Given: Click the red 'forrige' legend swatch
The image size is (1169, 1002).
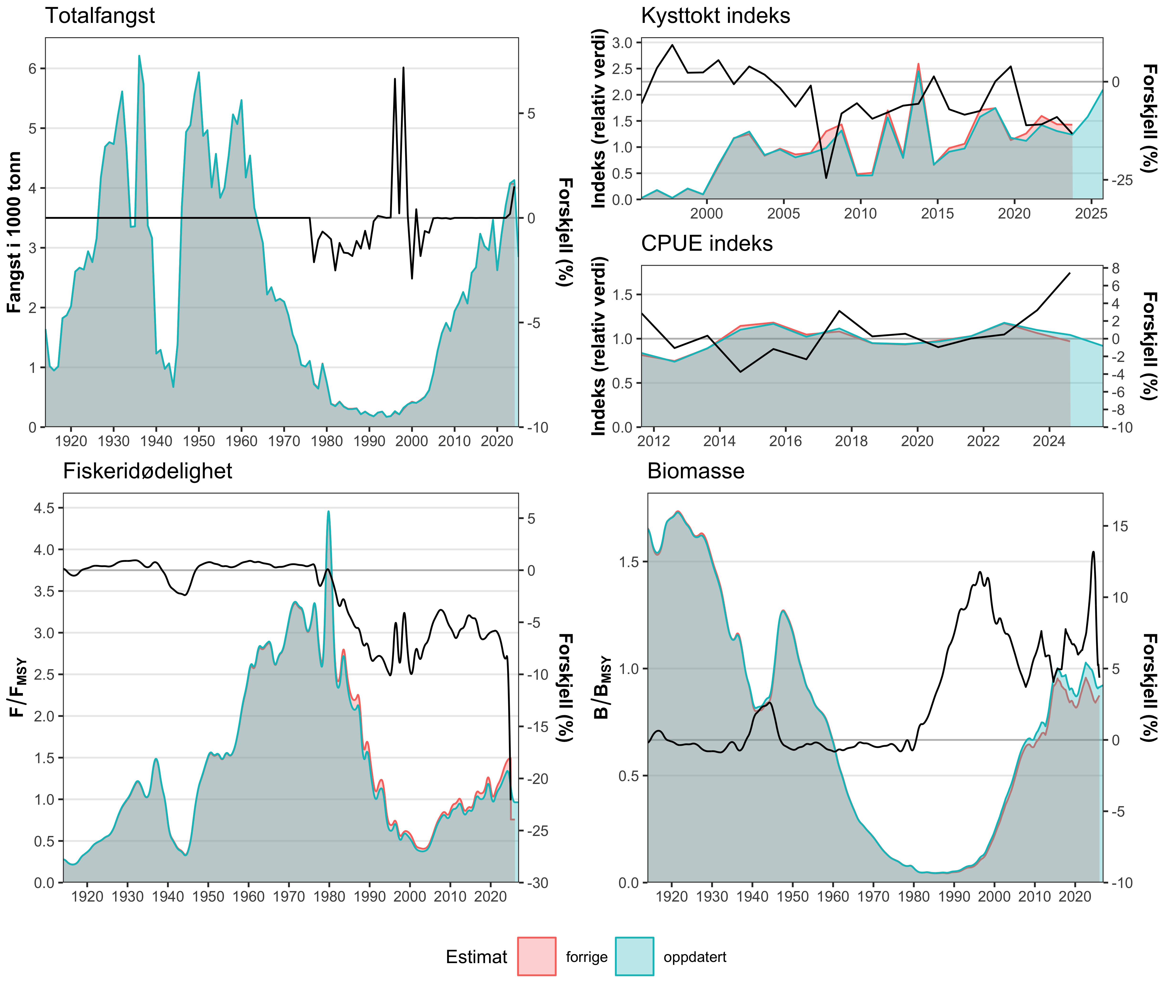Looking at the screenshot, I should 537,956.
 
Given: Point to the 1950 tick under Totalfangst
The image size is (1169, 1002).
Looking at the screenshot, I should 198,441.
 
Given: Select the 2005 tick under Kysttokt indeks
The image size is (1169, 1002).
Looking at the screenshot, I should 783,214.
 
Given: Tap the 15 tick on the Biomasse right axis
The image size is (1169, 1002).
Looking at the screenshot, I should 1119,526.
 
